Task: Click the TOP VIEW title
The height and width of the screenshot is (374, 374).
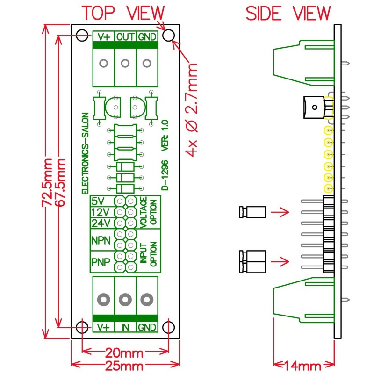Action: coord(123,13)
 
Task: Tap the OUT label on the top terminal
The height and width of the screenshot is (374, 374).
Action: coord(125,36)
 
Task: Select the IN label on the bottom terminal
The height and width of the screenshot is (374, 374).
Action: coord(125,328)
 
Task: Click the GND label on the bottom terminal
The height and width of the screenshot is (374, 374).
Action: coord(147,328)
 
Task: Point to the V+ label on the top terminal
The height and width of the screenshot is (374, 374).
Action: coord(104,36)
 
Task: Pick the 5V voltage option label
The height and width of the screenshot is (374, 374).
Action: coord(99,201)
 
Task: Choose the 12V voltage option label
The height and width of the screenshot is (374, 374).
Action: coord(100,212)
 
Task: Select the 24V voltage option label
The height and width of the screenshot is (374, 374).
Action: coord(100,223)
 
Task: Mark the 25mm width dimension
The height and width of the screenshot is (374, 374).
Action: coord(124,366)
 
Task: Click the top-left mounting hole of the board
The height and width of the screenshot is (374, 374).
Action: coord(83,36)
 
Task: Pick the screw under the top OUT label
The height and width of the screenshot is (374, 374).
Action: coord(125,63)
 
